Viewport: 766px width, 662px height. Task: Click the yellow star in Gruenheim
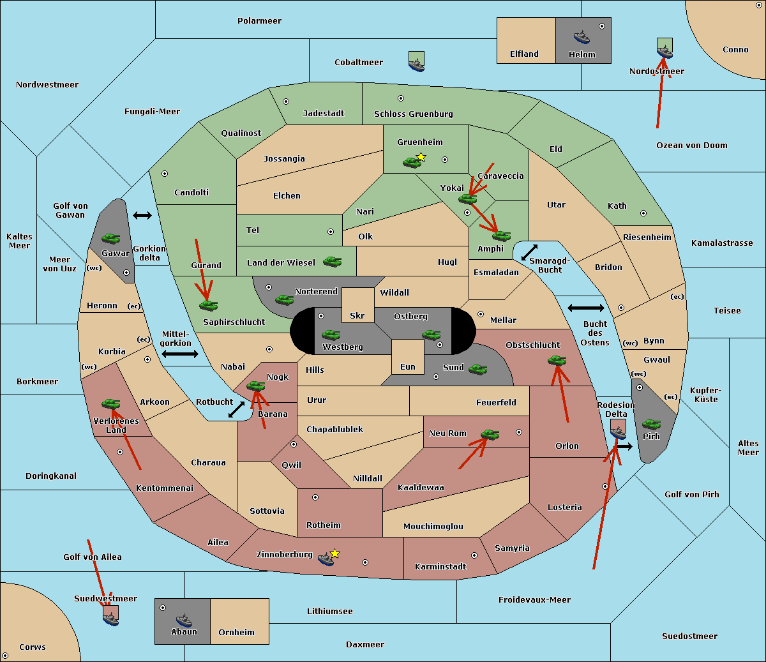[x=421, y=157]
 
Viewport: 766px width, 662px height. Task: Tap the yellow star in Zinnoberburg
[x=334, y=553]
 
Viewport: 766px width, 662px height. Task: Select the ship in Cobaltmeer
[x=416, y=63]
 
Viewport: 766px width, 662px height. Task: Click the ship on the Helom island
[x=582, y=37]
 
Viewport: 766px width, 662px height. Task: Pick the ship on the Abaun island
[x=184, y=620]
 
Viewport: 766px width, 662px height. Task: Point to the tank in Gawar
[x=111, y=238]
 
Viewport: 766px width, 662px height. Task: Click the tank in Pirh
[x=651, y=424]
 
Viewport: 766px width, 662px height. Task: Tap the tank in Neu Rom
[x=490, y=434]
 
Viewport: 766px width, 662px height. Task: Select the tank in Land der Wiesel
[x=332, y=261]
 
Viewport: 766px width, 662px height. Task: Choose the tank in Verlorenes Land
[x=111, y=403]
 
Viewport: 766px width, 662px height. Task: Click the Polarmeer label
[x=259, y=21]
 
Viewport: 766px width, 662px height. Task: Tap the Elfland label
[x=524, y=54]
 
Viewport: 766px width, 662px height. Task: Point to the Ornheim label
[x=236, y=633]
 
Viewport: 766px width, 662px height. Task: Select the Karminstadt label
[x=440, y=567]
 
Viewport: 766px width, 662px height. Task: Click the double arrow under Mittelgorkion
[x=180, y=354]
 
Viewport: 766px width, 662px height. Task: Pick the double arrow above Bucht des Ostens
[x=585, y=308]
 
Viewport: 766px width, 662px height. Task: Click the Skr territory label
[x=357, y=316]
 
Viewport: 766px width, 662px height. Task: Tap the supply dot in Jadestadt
[x=286, y=102]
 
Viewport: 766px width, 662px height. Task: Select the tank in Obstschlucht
[x=557, y=361]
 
